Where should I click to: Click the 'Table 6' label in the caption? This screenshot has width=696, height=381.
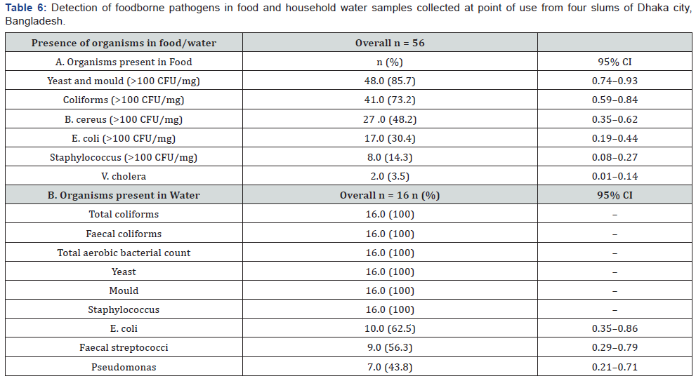(23, 8)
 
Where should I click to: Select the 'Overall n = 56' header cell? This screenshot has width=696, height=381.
(390, 43)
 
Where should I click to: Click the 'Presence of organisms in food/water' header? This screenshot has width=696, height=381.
(124, 43)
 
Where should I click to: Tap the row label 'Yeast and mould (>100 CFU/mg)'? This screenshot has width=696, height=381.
(124, 81)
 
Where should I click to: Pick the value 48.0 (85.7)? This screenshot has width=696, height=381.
(390, 81)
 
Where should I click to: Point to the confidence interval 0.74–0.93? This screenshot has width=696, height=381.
(615, 81)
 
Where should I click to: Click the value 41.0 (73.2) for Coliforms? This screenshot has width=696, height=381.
(390, 100)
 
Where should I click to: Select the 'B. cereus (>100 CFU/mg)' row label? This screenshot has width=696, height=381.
(124, 119)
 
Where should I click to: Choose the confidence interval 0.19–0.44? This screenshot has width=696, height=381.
(615, 138)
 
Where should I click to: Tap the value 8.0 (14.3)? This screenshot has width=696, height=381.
(390, 157)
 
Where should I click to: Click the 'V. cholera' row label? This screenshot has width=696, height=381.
(124, 176)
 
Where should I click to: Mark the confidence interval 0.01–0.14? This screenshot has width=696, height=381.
(615, 176)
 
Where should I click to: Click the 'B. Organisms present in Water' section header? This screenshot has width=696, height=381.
(124, 195)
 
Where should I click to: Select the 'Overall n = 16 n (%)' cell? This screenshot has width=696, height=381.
(390, 195)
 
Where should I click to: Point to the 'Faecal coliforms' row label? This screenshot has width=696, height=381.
(124, 234)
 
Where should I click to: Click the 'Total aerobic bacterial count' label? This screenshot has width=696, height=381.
(124, 253)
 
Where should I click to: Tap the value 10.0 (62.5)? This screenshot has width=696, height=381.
(390, 328)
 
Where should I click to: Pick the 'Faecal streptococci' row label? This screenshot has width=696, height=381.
(124, 347)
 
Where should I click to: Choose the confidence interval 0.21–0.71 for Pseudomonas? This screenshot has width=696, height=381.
(615, 367)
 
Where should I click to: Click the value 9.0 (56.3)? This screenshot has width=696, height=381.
(390, 347)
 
